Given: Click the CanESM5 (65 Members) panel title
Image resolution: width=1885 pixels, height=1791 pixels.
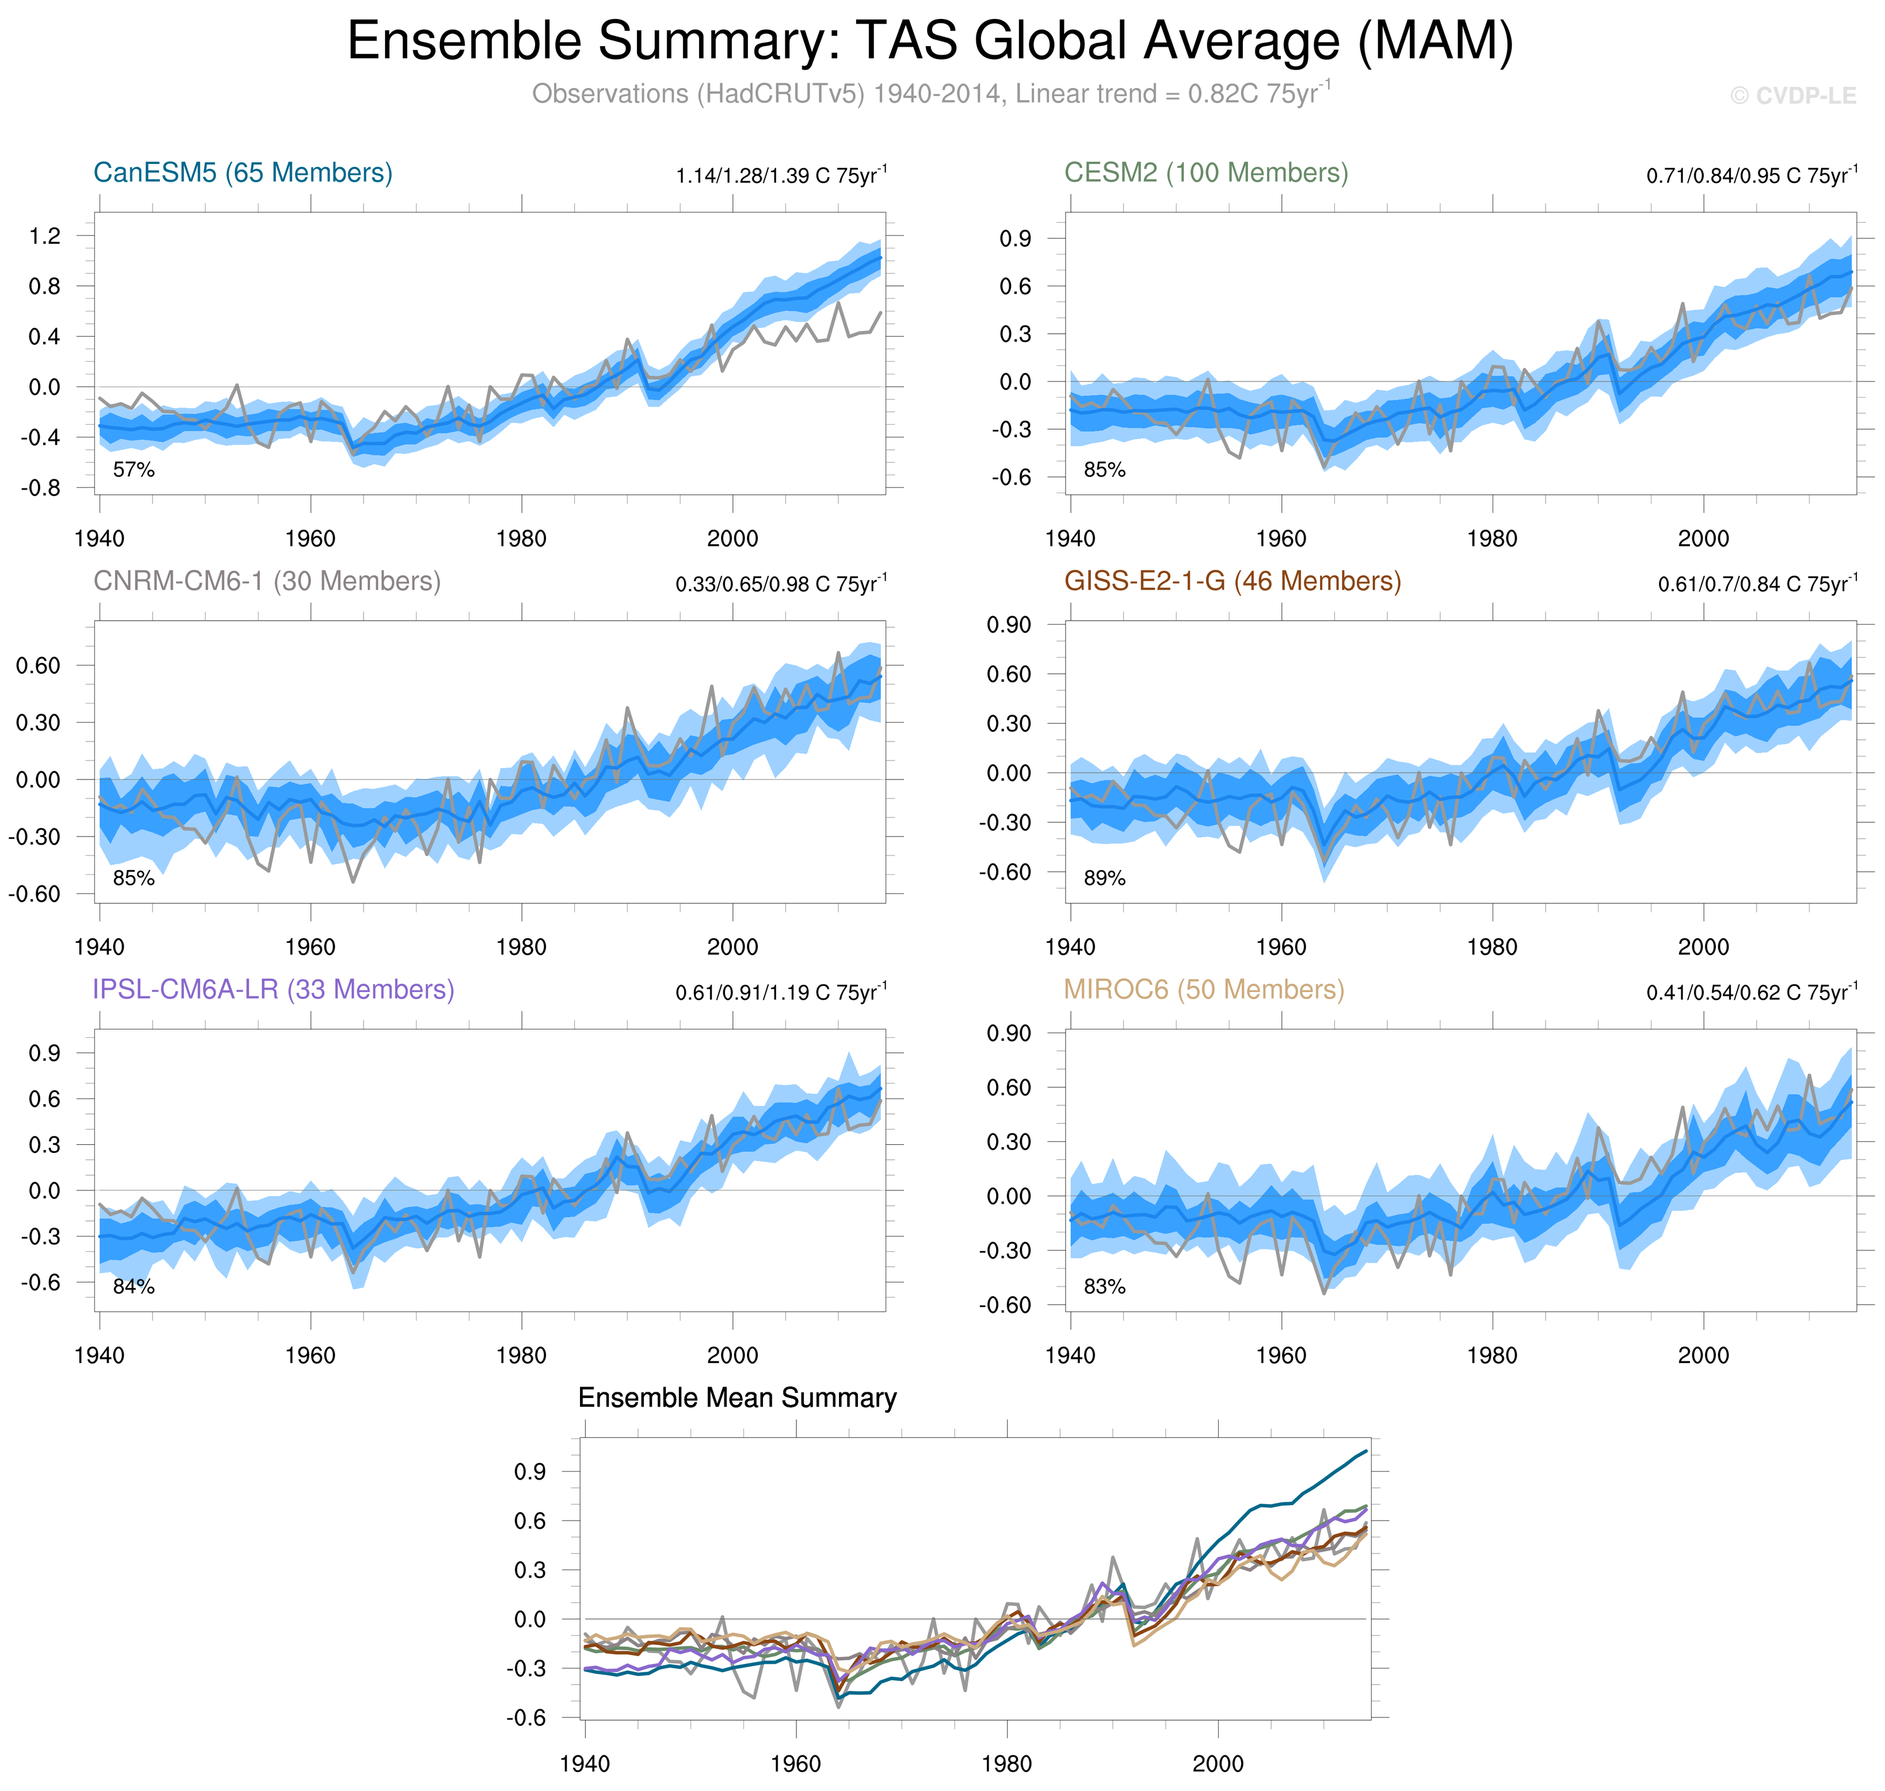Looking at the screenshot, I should point(243,173).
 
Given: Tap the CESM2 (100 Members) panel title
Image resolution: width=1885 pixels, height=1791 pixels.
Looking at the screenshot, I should point(1206,173).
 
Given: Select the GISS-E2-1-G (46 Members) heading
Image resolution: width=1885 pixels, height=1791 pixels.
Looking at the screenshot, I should point(1232,582).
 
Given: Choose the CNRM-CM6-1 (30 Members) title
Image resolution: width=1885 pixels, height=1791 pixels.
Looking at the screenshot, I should point(266,582).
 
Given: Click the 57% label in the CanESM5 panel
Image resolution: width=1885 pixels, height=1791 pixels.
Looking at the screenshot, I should point(133,469).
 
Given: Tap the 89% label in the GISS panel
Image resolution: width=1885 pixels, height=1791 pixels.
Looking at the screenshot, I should point(1104,879).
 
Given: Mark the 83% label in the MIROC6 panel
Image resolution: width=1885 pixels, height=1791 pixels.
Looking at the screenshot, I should point(1104,1287).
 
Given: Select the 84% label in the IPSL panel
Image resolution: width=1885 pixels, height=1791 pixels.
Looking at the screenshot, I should point(133,1287).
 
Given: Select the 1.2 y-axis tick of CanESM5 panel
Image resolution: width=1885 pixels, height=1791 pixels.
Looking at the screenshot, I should point(45,236).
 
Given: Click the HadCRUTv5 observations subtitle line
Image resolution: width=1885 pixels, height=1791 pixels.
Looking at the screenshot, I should point(931,94).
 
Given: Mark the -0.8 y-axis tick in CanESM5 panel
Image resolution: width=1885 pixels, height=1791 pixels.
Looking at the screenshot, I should point(41,488).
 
